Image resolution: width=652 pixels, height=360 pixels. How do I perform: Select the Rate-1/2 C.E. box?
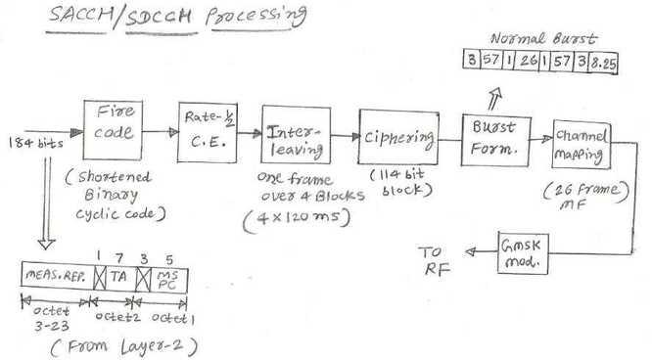(206, 131)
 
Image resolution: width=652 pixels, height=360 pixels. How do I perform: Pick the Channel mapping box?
(581, 143)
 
